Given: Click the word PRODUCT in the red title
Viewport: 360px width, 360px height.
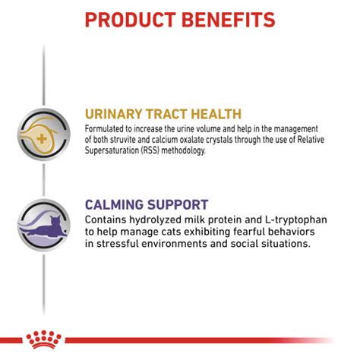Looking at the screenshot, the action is click(x=131, y=20).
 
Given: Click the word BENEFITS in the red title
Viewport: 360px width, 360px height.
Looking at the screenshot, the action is click(x=229, y=20).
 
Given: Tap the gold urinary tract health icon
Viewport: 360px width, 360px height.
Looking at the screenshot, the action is click(x=44, y=134).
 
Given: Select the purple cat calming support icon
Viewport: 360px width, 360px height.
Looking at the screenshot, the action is click(x=44, y=225).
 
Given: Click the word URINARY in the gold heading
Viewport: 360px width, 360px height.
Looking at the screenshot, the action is click(x=114, y=114).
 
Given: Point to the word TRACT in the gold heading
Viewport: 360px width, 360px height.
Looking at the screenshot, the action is click(x=168, y=114).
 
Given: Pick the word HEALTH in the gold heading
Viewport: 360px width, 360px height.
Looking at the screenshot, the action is click(x=216, y=114).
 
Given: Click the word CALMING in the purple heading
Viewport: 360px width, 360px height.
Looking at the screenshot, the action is click(x=114, y=205).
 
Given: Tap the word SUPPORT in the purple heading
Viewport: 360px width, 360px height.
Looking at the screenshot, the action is click(x=178, y=205).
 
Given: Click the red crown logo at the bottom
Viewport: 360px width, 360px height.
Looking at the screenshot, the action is click(x=43, y=339).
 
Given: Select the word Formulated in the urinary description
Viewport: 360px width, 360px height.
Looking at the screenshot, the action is click(x=105, y=129).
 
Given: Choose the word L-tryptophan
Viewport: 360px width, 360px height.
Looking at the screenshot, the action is click(x=296, y=220).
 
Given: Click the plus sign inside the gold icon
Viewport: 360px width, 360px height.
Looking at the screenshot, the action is click(x=42, y=139).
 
